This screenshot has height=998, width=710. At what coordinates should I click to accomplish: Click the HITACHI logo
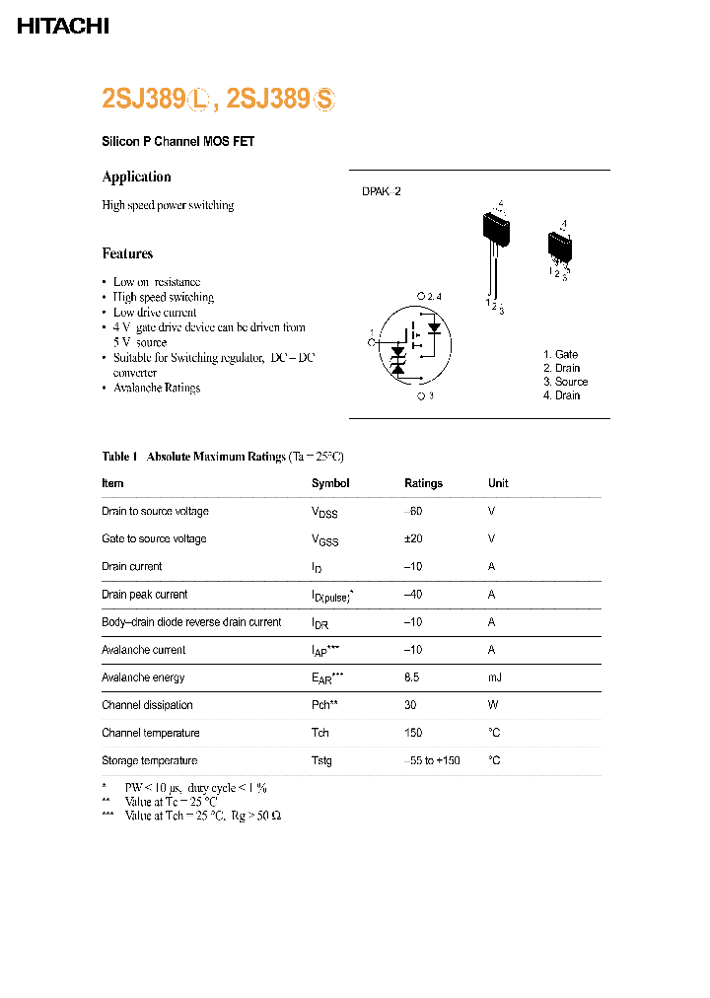(63, 27)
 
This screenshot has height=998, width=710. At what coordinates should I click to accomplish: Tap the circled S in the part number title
(325, 100)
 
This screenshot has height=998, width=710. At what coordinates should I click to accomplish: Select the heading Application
(136, 177)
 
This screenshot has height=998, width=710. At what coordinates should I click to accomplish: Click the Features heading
(127, 253)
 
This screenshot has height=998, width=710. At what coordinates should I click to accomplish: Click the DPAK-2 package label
(382, 192)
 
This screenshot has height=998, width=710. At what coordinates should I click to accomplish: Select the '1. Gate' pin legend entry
(560, 354)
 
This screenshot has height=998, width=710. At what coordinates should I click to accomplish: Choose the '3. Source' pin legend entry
(565, 382)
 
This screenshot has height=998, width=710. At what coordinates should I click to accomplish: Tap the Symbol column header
(330, 483)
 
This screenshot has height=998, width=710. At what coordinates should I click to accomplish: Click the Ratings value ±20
(415, 538)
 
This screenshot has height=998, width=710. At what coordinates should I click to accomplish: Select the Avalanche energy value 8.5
(412, 677)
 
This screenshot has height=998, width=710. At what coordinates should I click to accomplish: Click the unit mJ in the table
(494, 677)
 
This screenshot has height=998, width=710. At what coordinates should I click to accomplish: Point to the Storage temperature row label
(150, 760)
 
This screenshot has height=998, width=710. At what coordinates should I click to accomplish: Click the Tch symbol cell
(320, 733)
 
